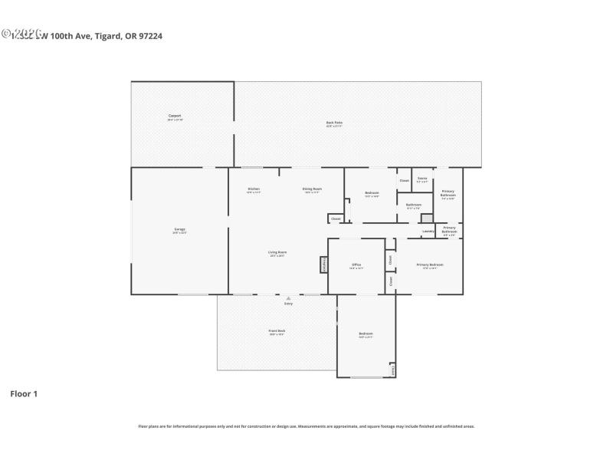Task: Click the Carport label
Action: pos(175,117)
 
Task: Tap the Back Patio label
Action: pos(334,123)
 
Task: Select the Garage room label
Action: pos(179,230)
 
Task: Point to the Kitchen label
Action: pos(254,189)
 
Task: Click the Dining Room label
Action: pos(313,189)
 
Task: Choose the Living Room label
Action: pos(277,253)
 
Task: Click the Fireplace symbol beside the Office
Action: pos(323,264)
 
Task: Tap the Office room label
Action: pos(356,265)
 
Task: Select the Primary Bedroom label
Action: pos(429,265)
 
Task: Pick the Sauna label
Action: pos(422,179)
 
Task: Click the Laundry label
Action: pos(428,231)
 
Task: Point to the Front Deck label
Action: pos(277,332)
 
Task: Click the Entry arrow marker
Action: pos(288,298)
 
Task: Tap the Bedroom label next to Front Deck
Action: pos(366,333)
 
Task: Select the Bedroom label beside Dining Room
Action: pos(372,193)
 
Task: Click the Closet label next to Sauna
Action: pos(404,181)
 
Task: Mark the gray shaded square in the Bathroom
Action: pos(427,219)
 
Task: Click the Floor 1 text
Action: pos(24,393)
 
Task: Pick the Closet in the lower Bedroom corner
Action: pos(393,370)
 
